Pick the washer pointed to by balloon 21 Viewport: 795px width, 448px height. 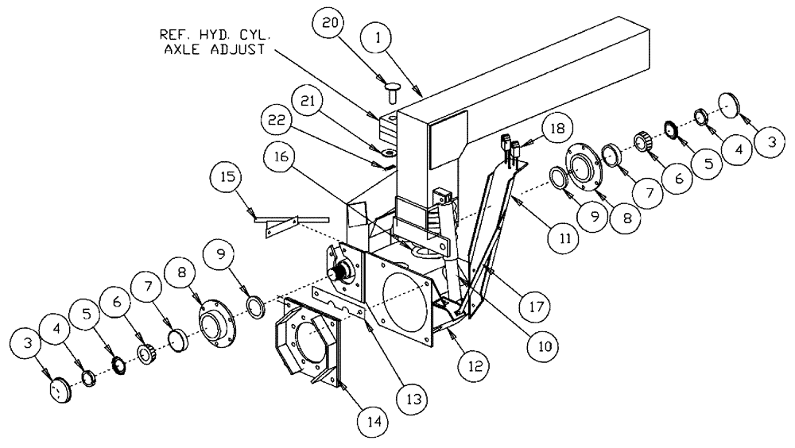coord(388,149)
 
